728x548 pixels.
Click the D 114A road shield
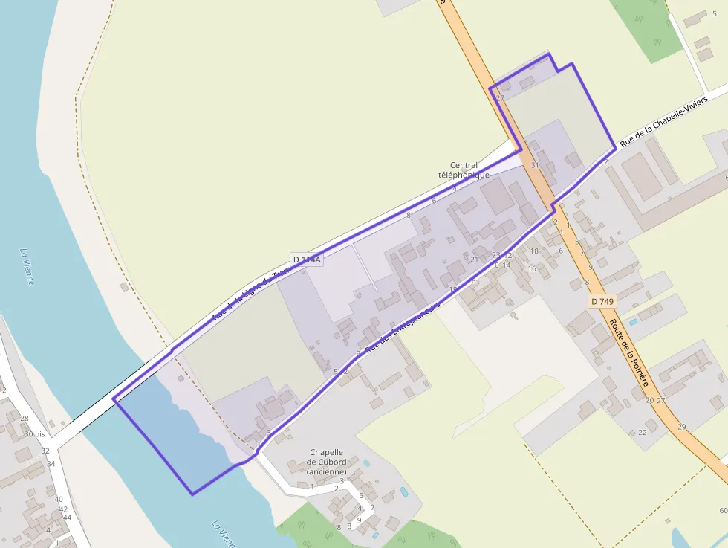[x=307, y=260]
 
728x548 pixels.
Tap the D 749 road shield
[x=602, y=301]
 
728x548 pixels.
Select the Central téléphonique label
[x=464, y=170]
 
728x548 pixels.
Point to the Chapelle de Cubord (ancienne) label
[x=326, y=461]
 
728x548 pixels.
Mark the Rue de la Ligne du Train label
[x=252, y=294]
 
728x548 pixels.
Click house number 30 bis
[x=34, y=434]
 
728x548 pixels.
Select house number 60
[x=723, y=510]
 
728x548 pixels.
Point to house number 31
[x=534, y=165]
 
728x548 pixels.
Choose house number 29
[x=681, y=427]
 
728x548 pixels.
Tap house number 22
[x=643, y=432]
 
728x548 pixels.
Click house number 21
[x=475, y=260]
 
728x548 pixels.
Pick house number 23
[x=495, y=255]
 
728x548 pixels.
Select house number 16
[x=532, y=268]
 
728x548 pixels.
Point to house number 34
[x=51, y=464]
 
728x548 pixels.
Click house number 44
[x=67, y=518]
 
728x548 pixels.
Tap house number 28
[x=25, y=419]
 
